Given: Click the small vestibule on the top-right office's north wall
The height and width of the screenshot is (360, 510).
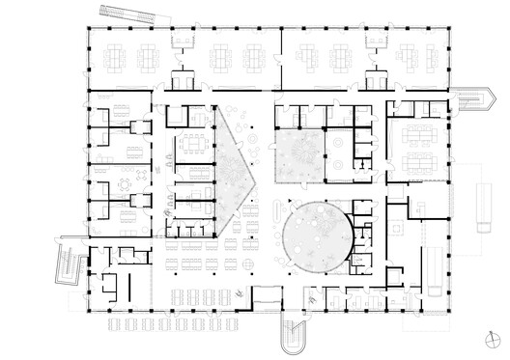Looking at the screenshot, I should click(378, 79).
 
